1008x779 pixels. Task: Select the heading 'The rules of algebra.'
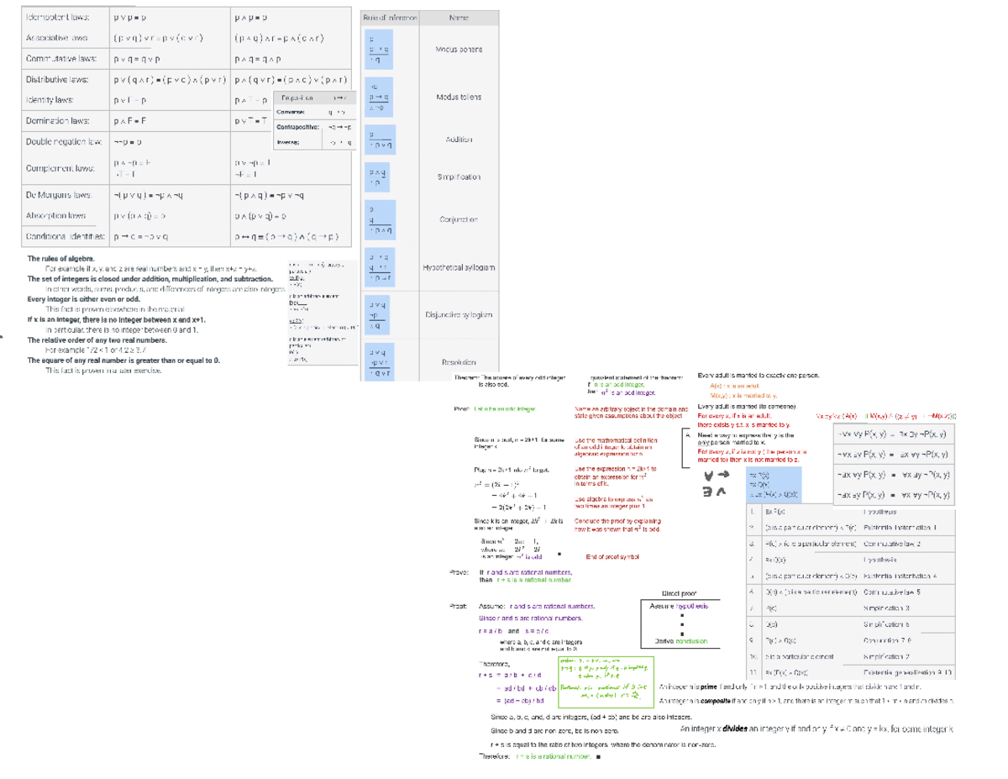(61, 259)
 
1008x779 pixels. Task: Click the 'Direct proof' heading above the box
(680, 592)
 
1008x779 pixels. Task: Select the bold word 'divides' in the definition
(728, 729)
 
